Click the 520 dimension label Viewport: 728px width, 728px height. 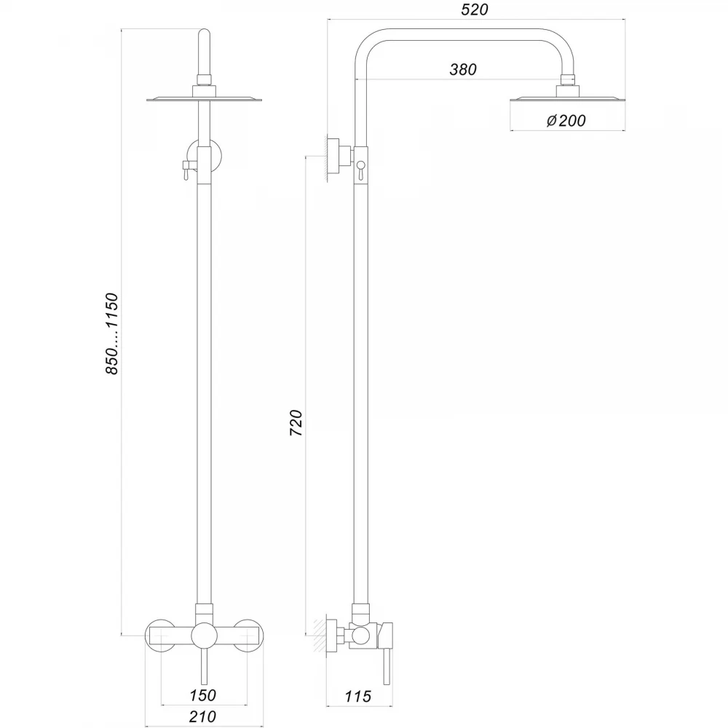point(475,9)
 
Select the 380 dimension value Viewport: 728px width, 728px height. point(463,69)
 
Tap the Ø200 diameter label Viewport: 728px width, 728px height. point(566,121)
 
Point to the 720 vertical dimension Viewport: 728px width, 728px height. point(296,422)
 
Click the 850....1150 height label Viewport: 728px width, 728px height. point(112,333)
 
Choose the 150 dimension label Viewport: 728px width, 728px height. point(202,695)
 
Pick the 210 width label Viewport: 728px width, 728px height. point(202,716)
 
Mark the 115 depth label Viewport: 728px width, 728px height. point(358,696)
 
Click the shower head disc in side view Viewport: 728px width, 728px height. point(567,99)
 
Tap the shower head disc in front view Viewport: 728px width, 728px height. point(205,99)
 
